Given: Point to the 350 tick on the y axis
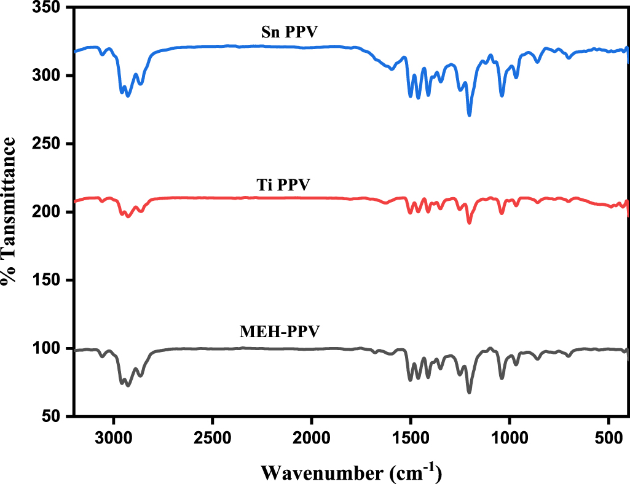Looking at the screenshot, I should [x=48, y=8].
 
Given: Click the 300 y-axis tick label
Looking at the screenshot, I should [x=48, y=76].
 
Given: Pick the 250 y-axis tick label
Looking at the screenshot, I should [x=48, y=144].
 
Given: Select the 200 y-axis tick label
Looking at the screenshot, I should [x=48, y=213].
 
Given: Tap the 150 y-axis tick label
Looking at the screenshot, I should [x=48, y=281].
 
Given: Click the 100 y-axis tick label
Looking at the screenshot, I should [x=48, y=349].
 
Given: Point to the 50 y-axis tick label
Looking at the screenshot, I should [x=53, y=417].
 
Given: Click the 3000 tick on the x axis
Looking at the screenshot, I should [x=113, y=439].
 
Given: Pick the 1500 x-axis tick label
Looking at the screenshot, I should [x=411, y=439].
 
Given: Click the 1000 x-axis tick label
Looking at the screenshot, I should [x=510, y=439].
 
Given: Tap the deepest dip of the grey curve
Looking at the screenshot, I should [x=470, y=392].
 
